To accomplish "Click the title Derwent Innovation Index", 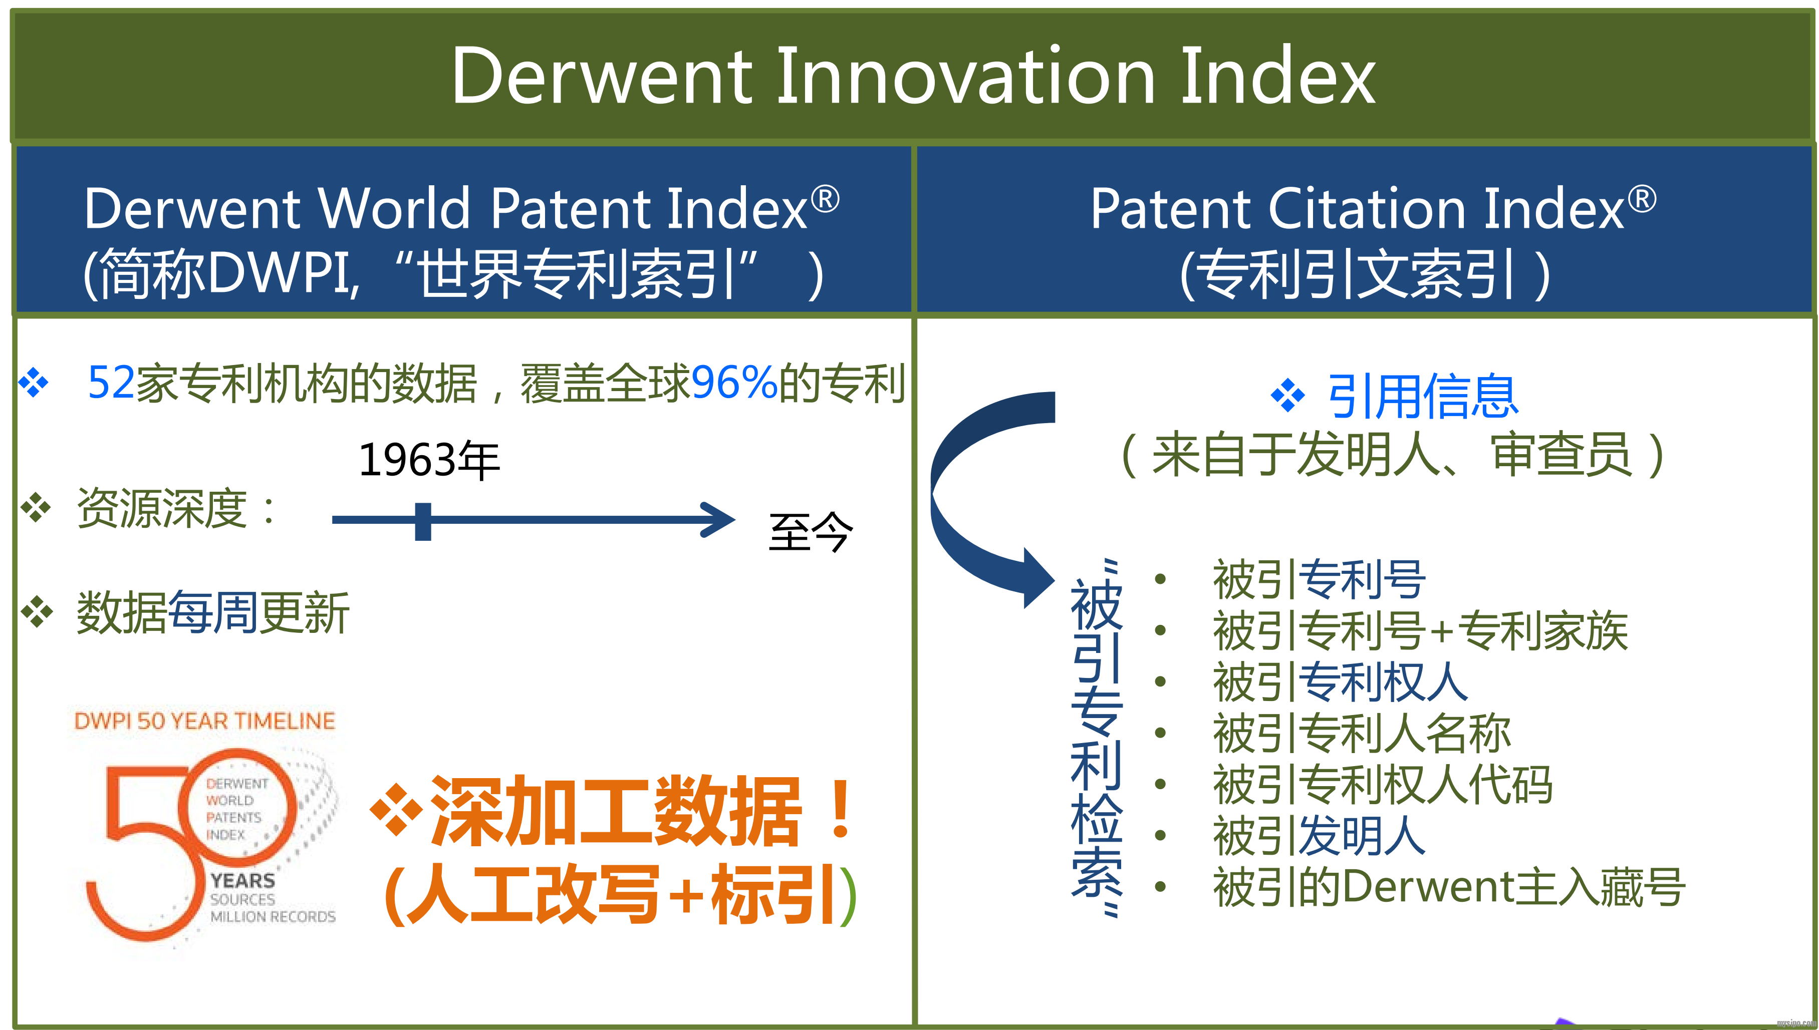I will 913,77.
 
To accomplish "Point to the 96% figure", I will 734,383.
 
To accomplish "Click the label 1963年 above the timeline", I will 429,460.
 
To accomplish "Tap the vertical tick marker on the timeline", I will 423,521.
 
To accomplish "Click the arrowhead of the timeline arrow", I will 720,520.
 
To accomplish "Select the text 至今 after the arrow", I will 811,531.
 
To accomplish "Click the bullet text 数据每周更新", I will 212,612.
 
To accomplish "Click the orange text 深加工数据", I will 616,811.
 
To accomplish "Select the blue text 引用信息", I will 1422,396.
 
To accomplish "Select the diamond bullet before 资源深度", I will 36,507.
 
